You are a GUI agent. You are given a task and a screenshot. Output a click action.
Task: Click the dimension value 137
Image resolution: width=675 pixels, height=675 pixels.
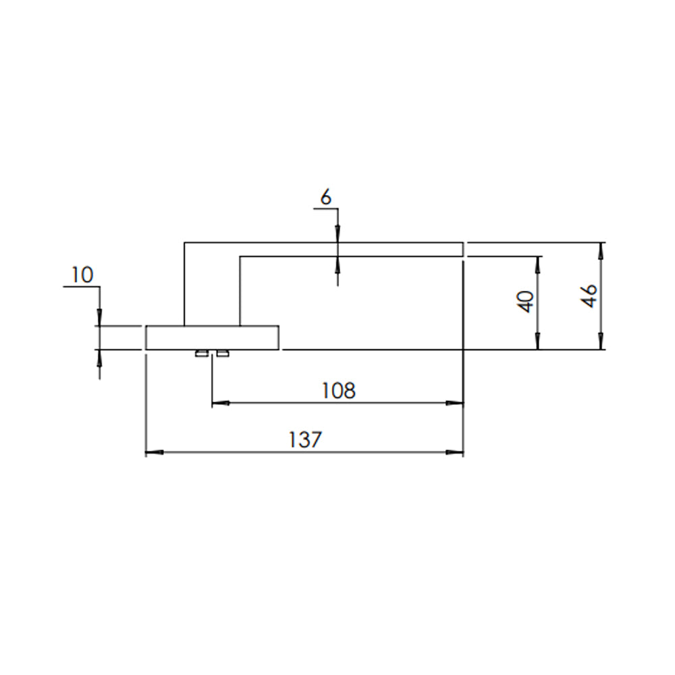305,439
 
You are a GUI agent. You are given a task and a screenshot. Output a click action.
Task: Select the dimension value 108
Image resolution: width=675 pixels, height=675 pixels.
339,390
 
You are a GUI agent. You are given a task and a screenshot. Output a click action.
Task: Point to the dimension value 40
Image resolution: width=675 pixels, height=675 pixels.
526,301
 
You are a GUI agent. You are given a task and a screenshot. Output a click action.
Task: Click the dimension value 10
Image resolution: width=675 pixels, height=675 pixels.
82,275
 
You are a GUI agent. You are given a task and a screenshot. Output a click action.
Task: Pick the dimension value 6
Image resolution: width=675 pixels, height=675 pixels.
326,198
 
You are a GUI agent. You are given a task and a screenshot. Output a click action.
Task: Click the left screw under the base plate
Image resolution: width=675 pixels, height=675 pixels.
201,354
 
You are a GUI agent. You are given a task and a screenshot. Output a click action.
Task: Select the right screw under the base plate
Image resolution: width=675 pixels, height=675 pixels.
223,354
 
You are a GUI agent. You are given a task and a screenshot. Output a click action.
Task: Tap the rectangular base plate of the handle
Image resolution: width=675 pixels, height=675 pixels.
212,337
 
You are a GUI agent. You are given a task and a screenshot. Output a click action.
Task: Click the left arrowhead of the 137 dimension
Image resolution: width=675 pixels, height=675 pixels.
155,452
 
